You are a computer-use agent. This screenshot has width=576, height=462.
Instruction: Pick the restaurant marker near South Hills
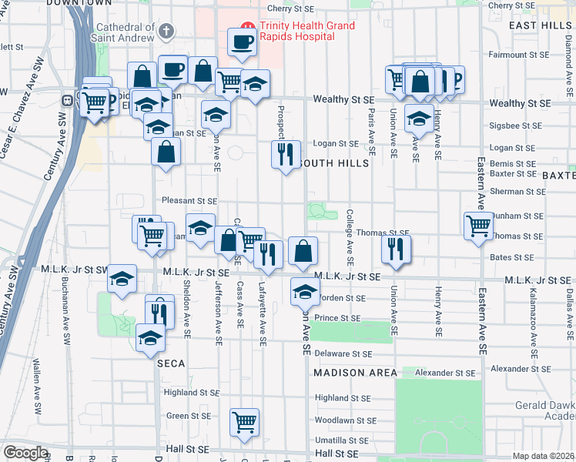[285, 154]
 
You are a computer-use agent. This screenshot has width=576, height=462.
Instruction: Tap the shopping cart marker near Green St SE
[244, 421]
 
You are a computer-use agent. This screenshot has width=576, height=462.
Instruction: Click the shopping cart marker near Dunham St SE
[478, 226]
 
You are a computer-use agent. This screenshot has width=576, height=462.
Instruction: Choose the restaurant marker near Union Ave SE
[396, 249]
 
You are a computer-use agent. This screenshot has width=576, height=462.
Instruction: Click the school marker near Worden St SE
[305, 292]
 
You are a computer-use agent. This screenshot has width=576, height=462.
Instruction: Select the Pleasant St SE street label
[184, 201]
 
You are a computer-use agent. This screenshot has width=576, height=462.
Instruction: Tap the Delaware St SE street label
[343, 354]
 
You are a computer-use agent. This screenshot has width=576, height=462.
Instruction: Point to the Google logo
[25, 453]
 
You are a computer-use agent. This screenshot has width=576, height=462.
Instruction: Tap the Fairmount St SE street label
[520, 55]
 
